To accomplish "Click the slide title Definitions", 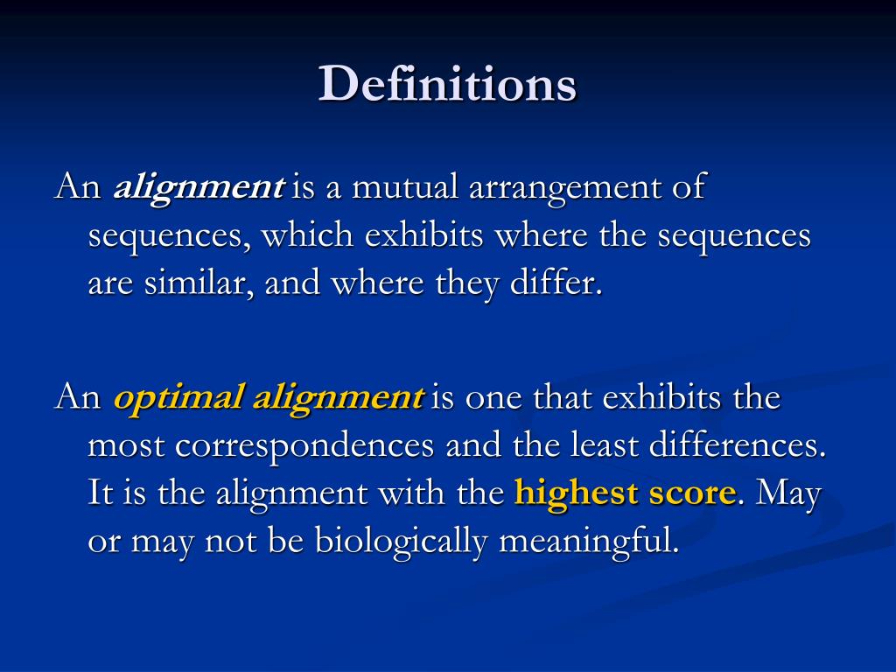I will (447, 85).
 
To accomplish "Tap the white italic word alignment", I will (199, 188).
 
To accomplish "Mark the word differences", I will (737, 446).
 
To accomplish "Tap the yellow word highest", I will (577, 494).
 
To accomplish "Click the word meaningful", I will (588, 542).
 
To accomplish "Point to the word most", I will (127, 446).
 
